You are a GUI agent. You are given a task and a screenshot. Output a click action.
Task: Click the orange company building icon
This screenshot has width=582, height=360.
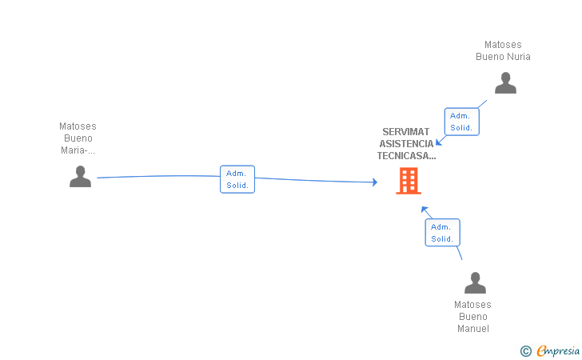408,182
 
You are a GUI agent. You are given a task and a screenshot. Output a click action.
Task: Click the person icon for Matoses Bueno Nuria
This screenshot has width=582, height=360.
505,83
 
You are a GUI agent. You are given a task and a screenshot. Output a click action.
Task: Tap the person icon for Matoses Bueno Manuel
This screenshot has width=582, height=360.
475,283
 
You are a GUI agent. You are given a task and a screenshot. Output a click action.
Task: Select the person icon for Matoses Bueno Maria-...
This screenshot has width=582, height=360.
80,176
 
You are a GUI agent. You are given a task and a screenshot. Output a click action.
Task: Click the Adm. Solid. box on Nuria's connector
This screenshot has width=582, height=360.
462,121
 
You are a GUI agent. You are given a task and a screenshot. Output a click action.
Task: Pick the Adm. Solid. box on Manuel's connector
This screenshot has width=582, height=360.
442,232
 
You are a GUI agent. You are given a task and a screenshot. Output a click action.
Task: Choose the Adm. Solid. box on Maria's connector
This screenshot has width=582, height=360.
237,179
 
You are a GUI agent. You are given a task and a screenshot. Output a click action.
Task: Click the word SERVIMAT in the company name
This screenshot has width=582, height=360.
406,132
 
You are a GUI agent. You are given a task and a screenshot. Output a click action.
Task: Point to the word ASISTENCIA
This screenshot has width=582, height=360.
406,144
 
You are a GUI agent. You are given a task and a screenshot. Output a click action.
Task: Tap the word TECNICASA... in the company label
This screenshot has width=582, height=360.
406,156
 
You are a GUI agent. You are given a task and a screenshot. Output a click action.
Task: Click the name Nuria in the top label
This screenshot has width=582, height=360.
516,57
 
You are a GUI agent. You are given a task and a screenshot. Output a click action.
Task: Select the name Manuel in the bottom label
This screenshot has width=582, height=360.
472,329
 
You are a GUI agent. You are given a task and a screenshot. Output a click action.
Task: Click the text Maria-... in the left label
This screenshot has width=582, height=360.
78,150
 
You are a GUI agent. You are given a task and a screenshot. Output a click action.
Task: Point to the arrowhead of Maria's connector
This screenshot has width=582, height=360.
374,182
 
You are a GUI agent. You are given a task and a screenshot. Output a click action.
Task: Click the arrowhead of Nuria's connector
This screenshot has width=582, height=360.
438,142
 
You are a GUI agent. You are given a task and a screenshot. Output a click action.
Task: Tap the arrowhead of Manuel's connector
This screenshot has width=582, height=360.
425,210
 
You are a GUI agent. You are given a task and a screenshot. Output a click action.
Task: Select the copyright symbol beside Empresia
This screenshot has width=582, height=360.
525,350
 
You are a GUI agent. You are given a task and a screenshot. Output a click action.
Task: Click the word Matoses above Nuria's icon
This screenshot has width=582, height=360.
503,45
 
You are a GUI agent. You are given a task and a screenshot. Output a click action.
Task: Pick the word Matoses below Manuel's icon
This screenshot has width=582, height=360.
472,305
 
